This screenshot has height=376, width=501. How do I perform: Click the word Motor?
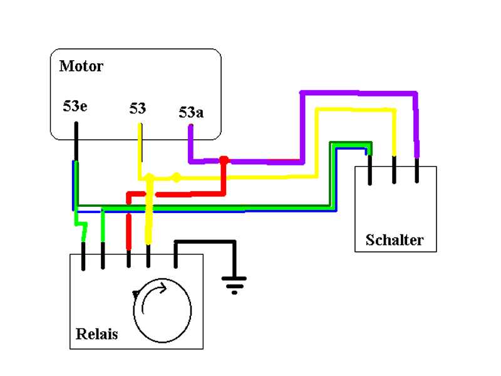point(81,66)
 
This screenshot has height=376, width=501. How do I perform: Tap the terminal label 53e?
point(75,106)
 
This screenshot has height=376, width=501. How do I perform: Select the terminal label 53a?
point(191,113)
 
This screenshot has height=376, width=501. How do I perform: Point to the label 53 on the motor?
point(138,108)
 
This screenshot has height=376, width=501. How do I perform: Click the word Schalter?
point(395,240)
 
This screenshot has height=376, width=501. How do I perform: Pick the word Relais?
point(96,333)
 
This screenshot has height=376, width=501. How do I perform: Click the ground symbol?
point(234,286)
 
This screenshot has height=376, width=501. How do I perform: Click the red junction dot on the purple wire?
point(224,160)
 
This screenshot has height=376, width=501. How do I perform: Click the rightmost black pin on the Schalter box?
point(417,170)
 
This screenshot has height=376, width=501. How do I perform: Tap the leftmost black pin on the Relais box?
point(83,256)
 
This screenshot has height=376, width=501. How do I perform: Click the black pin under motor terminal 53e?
point(76,141)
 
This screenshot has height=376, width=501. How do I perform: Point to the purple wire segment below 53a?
point(191,144)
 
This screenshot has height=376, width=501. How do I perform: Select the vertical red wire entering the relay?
point(129,231)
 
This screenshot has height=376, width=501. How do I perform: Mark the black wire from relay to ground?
point(207,241)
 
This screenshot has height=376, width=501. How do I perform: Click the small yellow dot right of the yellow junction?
point(177,177)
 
